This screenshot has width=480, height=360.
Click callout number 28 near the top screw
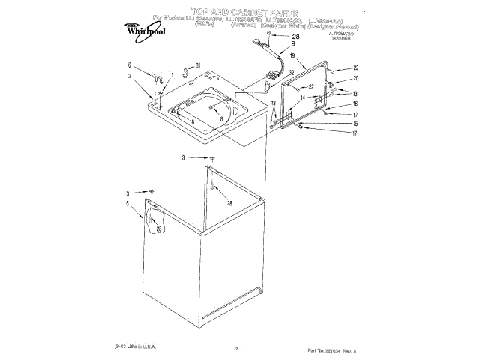click(295, 36)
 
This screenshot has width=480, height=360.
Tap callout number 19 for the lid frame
click(303, 57)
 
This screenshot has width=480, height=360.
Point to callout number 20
click(356, 79)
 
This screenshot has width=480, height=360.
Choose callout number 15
click(356, 124)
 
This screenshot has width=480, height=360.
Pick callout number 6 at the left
click(130, 65)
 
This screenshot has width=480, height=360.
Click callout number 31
click(198, 66)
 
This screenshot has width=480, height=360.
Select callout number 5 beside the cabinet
click(128, 203)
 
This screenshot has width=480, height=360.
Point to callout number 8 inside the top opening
click(221, 108)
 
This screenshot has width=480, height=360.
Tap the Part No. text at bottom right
click(332, 349)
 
